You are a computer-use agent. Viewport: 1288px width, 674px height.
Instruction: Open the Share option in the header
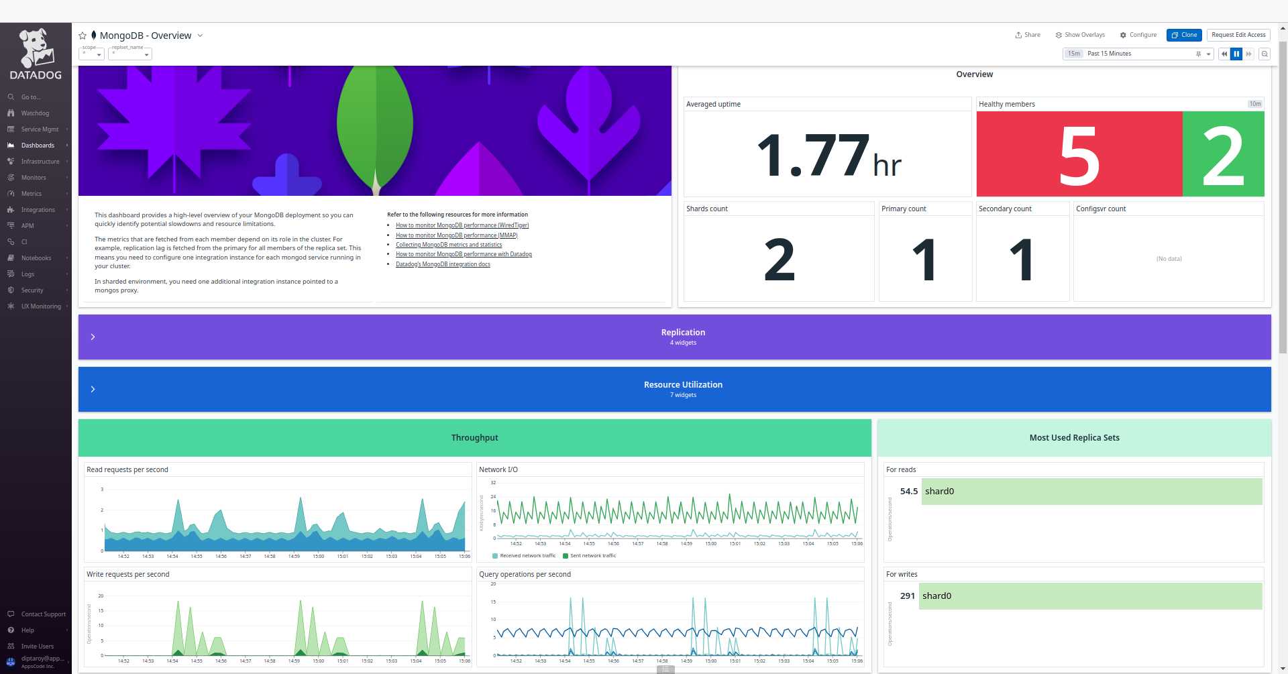(1028, 35)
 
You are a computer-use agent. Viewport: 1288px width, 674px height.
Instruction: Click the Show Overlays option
(1080, 35)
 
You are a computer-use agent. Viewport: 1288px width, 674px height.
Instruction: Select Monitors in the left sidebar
(34, 178)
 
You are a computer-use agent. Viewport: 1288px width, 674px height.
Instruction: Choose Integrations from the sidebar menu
(38, 210)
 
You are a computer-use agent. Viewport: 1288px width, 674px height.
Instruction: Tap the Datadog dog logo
(36, 48)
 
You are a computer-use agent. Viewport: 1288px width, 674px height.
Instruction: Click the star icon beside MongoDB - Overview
(83, 36)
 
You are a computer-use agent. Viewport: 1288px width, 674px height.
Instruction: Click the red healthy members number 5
(1079, 156)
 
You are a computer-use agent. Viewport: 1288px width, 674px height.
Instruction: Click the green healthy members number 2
(1223, 156)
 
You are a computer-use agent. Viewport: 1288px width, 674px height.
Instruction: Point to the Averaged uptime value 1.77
(812, 156)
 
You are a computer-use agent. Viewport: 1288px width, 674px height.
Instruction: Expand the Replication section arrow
(93, 337)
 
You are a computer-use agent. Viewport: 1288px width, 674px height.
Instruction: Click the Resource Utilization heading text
(683, 385)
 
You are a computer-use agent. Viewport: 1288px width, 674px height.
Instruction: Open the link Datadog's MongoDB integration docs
(443, 264)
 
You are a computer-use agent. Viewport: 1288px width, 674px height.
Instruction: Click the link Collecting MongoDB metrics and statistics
(448, 245)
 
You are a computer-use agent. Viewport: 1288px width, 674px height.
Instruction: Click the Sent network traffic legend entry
(592, 556)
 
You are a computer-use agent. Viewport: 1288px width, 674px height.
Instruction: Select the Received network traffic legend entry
(527, 556)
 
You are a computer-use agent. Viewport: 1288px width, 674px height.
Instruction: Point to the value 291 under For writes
(907, 596)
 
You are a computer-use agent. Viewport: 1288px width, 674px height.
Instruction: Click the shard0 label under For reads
(939, 492)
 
